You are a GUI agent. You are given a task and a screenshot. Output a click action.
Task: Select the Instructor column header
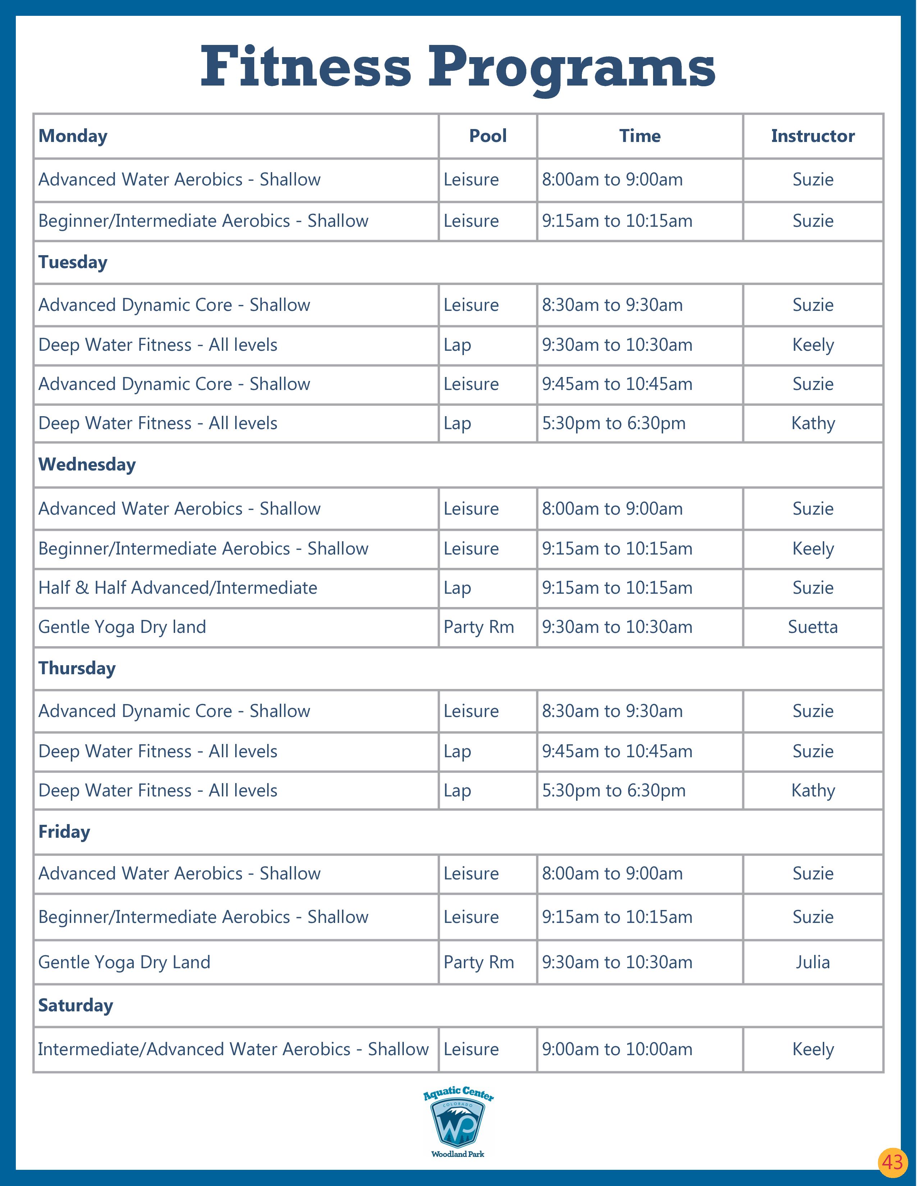click(813, 136)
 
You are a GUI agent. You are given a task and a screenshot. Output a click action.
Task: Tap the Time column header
click(640, 136)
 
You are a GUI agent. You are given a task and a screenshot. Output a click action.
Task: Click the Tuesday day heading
click(73, 262)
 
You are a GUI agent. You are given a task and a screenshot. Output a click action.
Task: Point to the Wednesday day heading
click(87, 465)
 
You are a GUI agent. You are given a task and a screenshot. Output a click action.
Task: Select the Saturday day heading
click(76, 1005)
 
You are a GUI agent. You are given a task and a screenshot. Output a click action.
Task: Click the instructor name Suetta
click(813, 627)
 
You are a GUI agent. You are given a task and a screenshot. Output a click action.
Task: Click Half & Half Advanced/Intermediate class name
click(178, 588)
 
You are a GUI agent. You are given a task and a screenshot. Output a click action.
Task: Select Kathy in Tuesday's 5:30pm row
click(813, 424)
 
